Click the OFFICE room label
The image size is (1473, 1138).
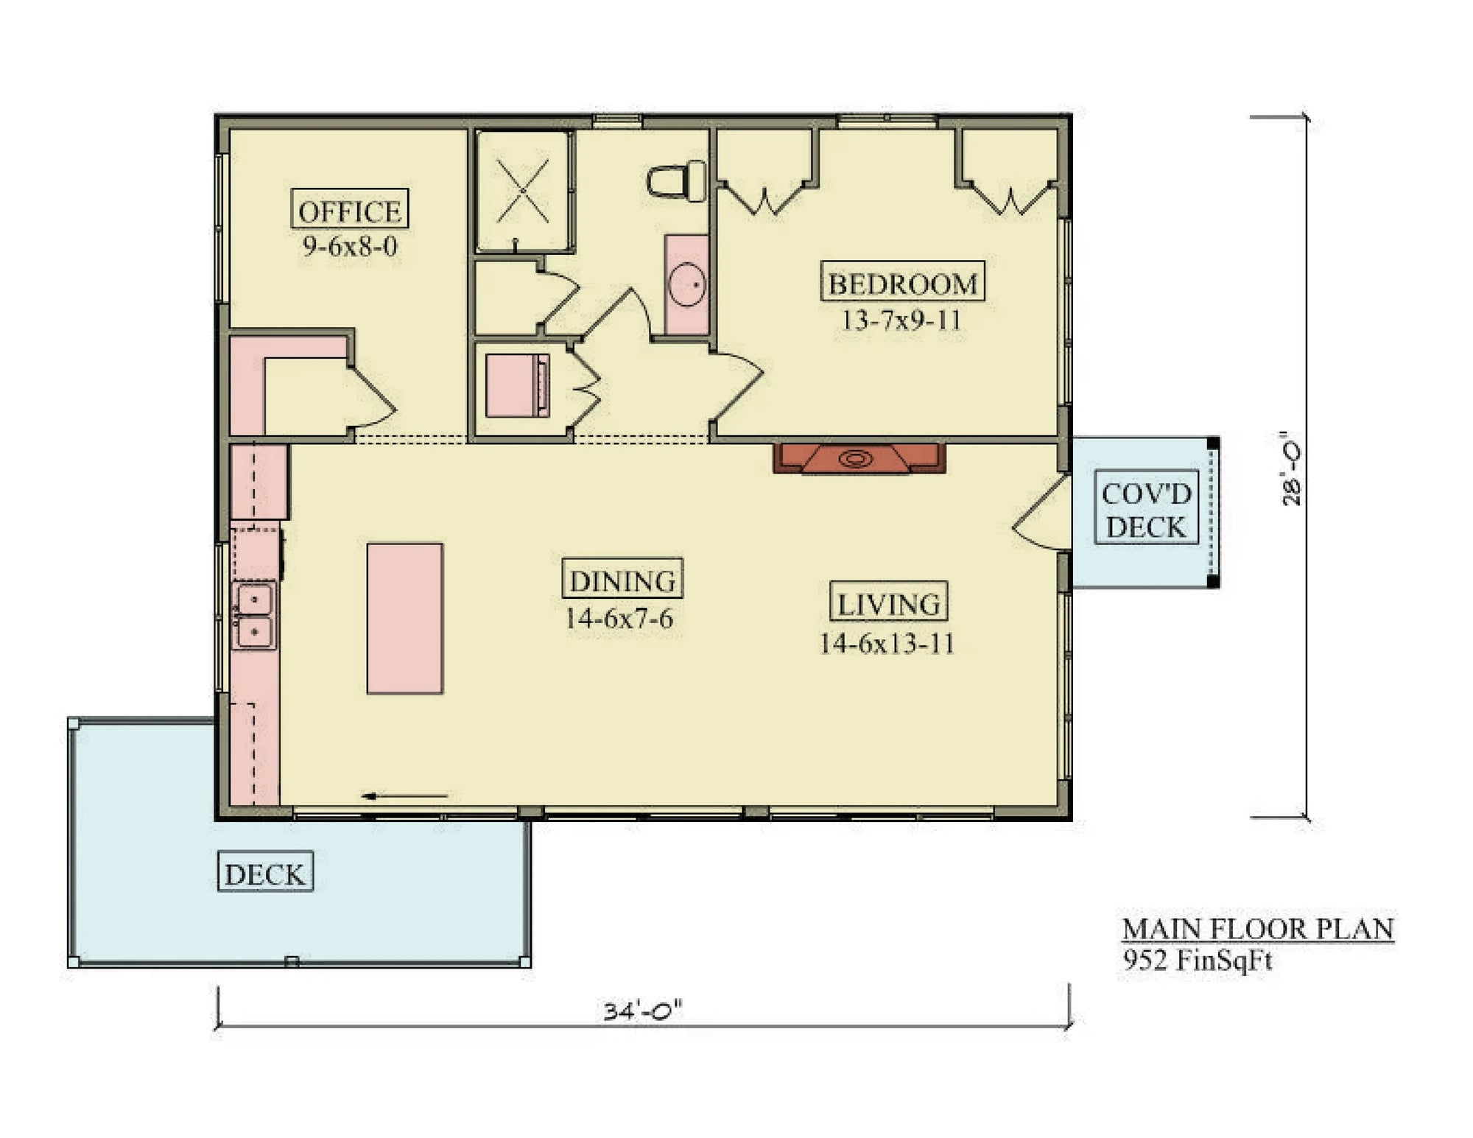pyautogui.click(x=349, y=211)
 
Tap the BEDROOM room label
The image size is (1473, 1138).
pyautogui.click(x=902, y=282)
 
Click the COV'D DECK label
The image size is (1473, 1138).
pyautogui.click(x=1146, y=509)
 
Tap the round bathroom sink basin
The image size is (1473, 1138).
pyautogui.click(x=687, y=284)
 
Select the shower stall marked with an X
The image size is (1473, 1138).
pyautogui.click(x=522, y=192)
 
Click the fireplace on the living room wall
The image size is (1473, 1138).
pyautogui.click(x=858, y=458)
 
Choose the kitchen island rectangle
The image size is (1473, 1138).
pyautogui.click(x=404, y=618)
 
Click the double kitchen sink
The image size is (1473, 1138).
pyautogui.click(x=254, y=615)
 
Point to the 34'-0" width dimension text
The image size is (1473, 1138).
pyautogui.click(x=642, y=1010)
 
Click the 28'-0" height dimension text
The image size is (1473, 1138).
pyautogui.click(x=1292, y=468)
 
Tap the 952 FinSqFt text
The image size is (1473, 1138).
pyautogui.click(x=1197, y=960)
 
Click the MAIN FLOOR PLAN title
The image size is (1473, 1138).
pyautogui.click(x=1257, y=929)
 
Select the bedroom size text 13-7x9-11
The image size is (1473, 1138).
pyautogui.click(x=901, y=320)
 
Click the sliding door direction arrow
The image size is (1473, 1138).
pyautogui.click(x=405, y=795)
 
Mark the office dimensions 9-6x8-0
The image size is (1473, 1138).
pyautogui.click(x=350, y=246)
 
